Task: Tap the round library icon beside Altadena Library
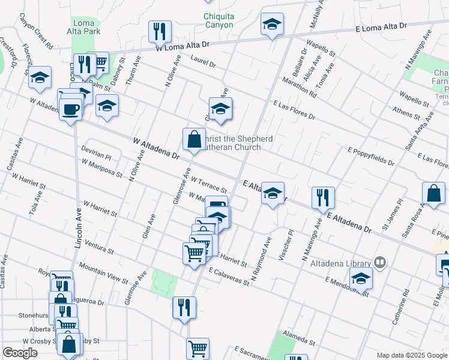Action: point(379,262)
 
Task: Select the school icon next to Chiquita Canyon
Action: point(272,25)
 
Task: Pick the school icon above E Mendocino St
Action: point(361,278)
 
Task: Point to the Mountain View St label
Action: point(103,273)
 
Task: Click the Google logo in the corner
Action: point(20,353)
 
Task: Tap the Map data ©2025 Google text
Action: point(411,355)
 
